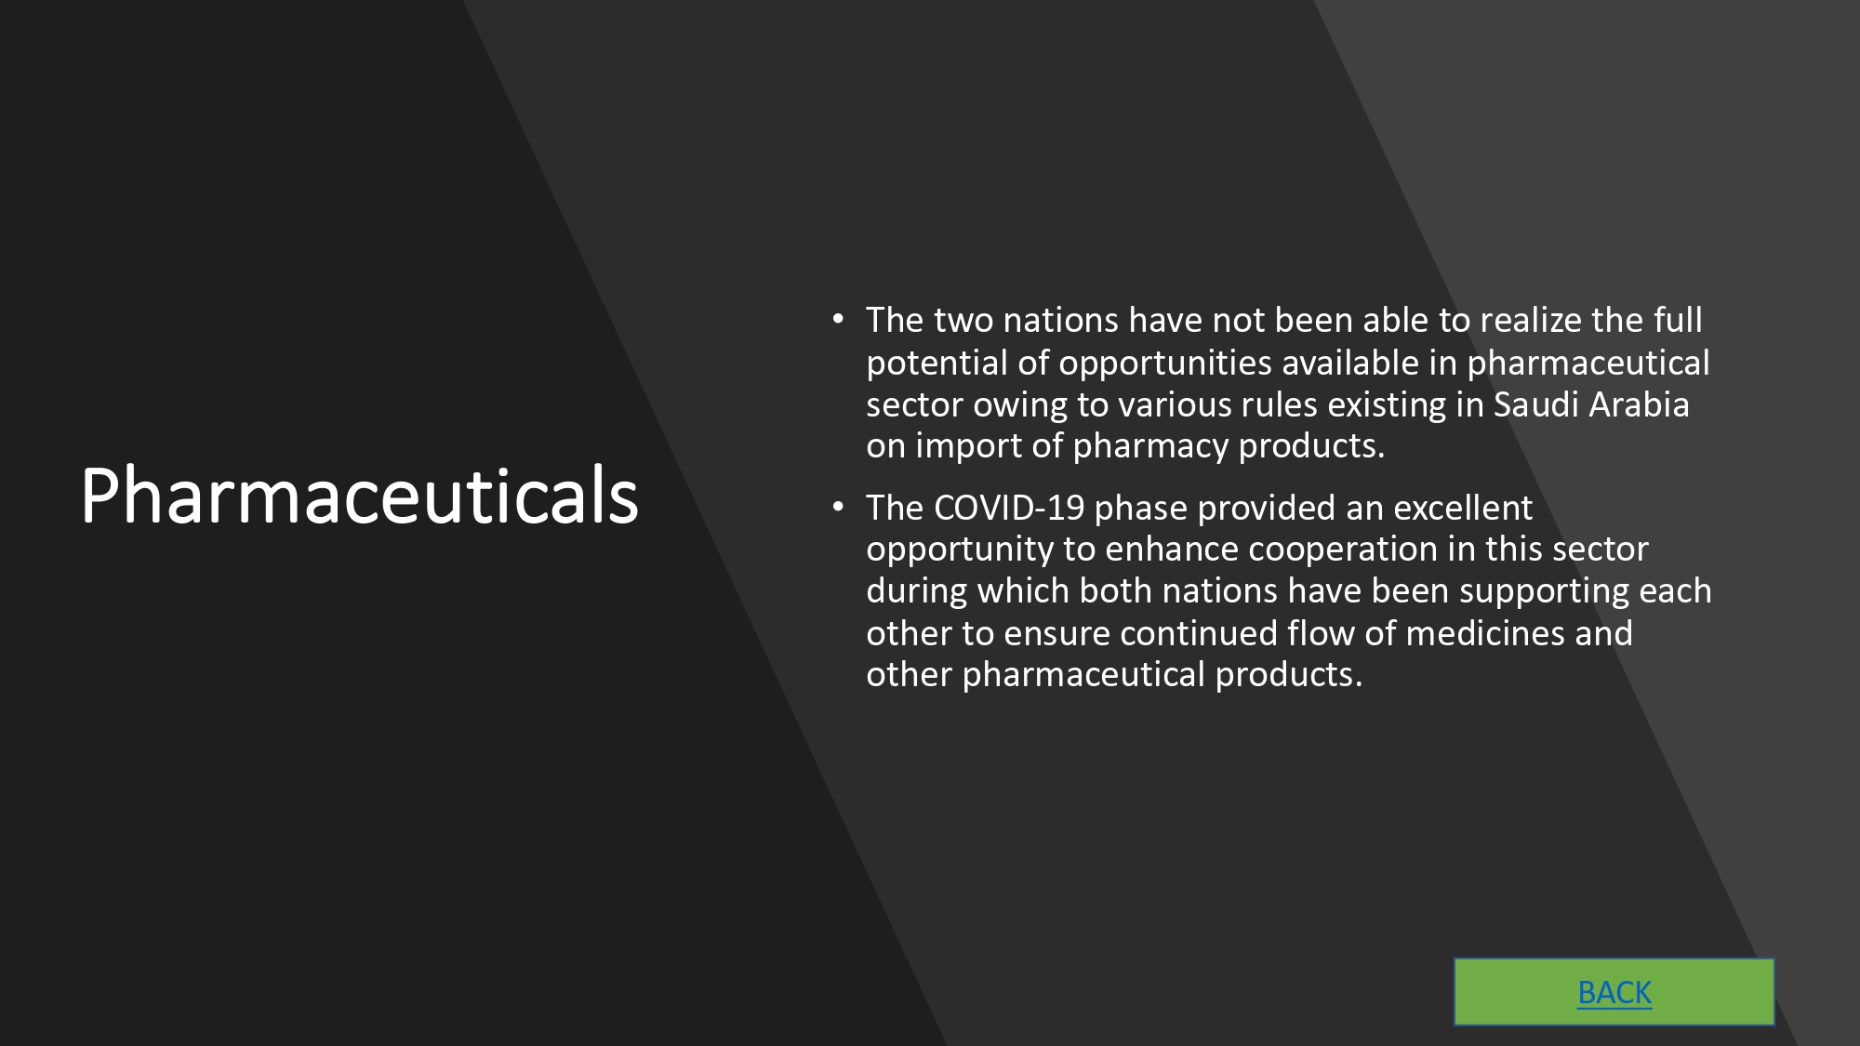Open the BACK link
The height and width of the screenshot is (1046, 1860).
click(1614, 993)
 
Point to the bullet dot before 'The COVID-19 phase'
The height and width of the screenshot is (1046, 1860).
click(838, 508)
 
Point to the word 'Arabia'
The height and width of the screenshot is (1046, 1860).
click(1640, 404)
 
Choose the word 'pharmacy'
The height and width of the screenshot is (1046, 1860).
click(1151, 447)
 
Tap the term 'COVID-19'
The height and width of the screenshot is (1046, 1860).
click(1009, 509)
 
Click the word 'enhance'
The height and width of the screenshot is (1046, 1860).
click(1172, 549)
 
